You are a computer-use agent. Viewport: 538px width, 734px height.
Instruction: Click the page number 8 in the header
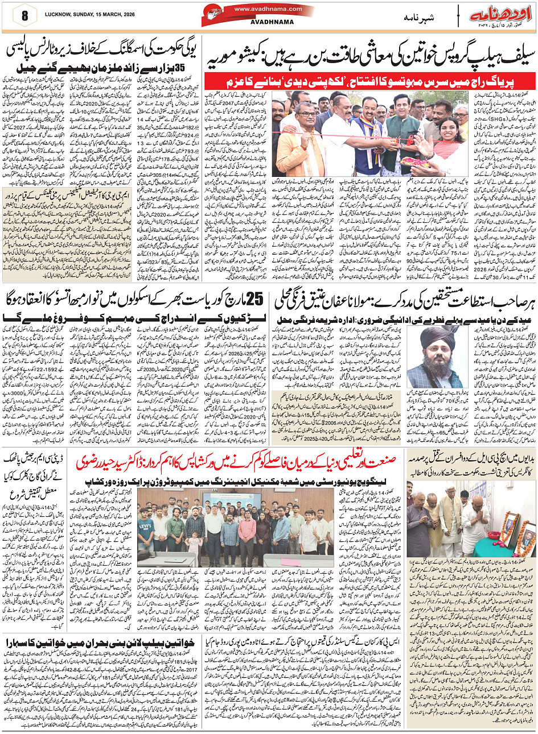[24, 16]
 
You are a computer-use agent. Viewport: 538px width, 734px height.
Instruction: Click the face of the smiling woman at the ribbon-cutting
[441, 128]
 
